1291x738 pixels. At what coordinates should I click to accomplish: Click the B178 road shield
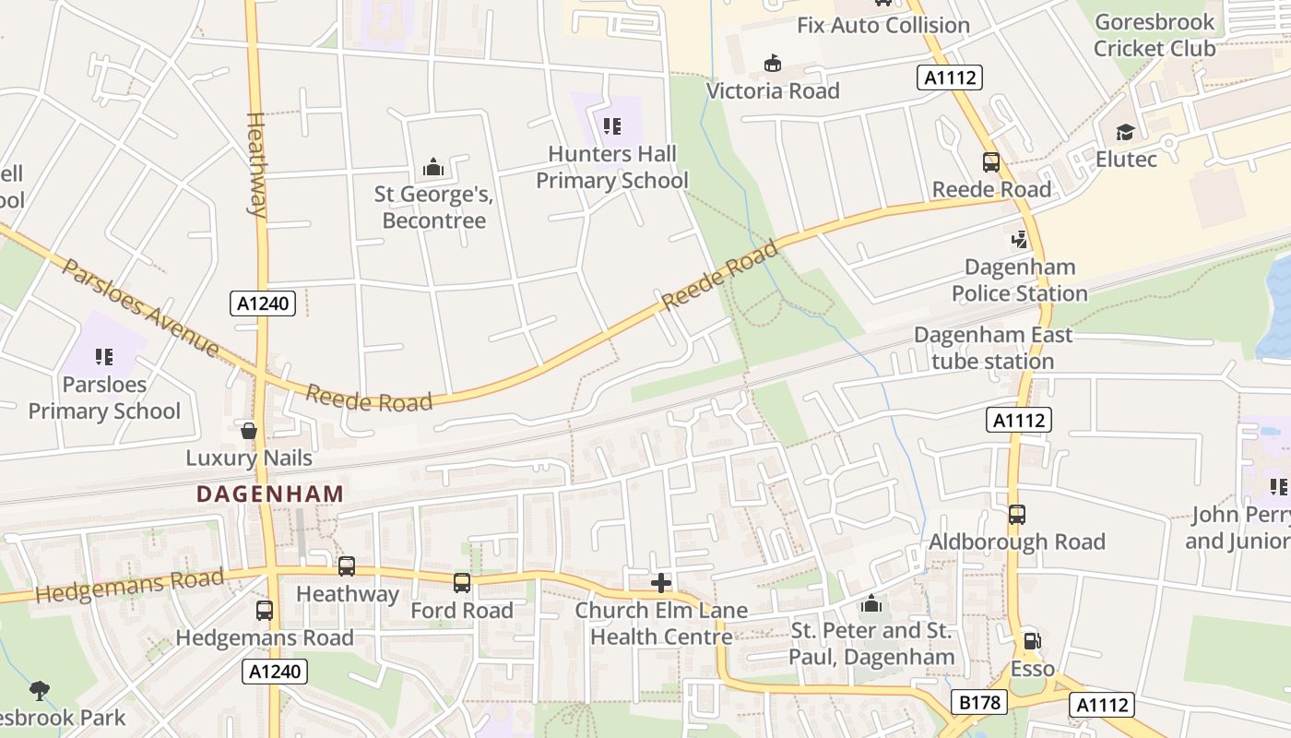[979, 703]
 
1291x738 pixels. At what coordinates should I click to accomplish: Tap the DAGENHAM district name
[270, 494]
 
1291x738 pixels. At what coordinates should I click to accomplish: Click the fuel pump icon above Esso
[1032, 641]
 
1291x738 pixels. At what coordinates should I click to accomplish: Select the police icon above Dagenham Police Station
[1019, 240]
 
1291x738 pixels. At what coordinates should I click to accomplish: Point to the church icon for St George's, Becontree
[432, 168]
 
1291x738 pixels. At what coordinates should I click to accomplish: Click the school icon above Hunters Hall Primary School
[611, 125]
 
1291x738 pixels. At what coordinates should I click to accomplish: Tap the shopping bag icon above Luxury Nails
[248, 430]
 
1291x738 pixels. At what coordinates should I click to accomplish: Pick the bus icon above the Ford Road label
[461, 583]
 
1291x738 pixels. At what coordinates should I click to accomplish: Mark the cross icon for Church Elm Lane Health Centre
[660, 583]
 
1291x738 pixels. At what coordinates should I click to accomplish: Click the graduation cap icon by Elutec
[1124, 133]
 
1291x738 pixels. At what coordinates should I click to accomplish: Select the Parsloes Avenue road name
[141, 307]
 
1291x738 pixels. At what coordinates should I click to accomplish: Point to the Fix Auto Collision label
[882, 25]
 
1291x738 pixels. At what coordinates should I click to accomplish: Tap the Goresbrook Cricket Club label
[1154, 35]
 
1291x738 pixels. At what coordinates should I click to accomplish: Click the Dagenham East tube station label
[993, 348]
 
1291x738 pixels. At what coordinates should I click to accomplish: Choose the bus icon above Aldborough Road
[1016, 515]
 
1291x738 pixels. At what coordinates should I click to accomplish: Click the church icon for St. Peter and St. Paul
[871, 604]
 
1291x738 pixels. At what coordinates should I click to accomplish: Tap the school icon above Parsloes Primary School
[103, 356]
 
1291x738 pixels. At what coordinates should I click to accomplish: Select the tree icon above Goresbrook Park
[39, 690]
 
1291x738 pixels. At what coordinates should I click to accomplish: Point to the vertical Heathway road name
[256, 164]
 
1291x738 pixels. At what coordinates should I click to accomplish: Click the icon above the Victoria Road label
[772, 64]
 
